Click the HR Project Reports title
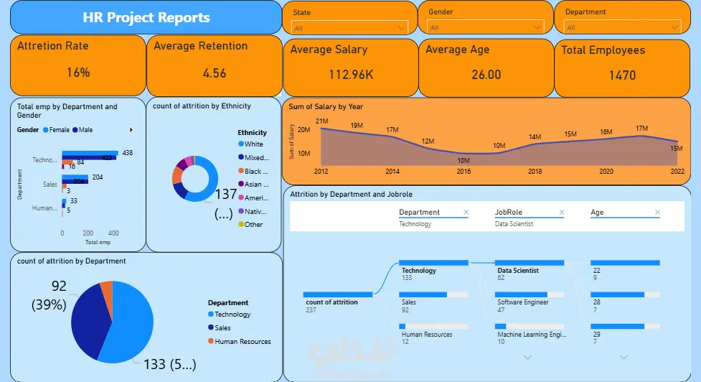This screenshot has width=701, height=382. (x=146, y=18)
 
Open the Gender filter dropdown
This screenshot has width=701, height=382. (x=486, y=27)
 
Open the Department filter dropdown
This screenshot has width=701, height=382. (x=622, y=27)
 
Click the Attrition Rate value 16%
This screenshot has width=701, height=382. (x=78, y=73)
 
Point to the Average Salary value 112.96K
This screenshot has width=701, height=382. (x=351, y=75)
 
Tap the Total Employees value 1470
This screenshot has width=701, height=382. (x=622, y=75)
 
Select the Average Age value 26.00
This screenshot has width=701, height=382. (x=486, y=75)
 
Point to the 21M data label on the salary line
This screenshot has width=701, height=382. (x=321, y=121)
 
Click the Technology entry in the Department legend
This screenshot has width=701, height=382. (x=232, y=315)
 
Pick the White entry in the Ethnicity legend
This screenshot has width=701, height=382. (x=253, y=144)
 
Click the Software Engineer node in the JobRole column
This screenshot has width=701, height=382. (x=522, y=302)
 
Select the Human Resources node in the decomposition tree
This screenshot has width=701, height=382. (x=427, y=334)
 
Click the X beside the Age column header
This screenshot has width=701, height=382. (x=658, y=213)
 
